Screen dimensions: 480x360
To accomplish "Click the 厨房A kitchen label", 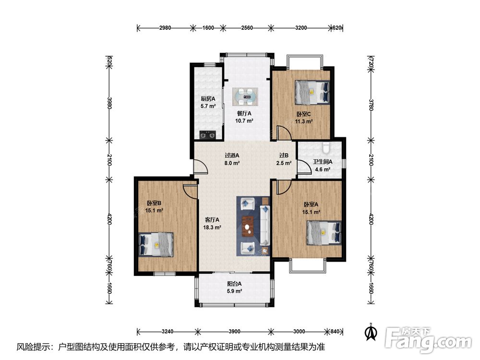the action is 208,99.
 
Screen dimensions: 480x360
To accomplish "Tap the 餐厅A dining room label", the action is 244,113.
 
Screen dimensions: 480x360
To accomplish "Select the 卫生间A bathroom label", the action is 323,162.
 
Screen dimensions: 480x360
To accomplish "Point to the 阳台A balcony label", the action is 234,284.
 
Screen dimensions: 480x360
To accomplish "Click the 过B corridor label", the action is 284,156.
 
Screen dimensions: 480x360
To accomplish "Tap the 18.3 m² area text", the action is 212,228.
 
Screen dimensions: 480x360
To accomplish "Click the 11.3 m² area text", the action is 304,121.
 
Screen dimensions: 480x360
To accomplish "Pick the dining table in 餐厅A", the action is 245,97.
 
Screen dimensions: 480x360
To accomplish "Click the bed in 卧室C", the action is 312,93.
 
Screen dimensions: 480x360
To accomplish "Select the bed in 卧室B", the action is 156,245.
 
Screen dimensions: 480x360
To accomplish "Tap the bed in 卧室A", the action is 324,233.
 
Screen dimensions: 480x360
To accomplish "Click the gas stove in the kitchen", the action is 207,134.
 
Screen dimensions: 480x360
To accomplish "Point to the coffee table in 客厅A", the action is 248,227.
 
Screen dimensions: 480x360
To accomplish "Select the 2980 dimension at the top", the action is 165,28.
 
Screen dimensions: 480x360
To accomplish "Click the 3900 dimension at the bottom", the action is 234,331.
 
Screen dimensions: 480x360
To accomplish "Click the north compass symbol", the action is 371,332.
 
